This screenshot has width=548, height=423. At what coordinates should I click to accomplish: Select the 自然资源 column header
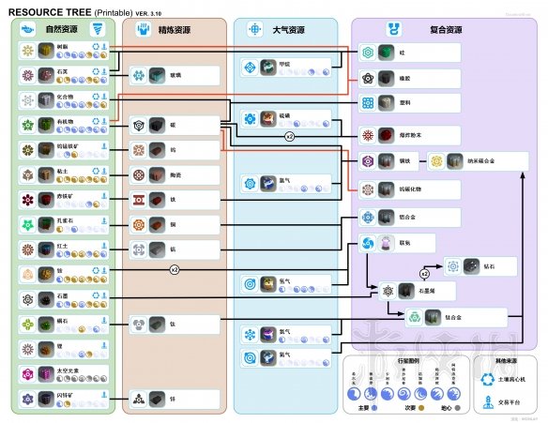pyautogui.click(x=61, y=30)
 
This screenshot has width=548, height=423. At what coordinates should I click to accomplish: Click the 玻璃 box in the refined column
pyautogui.click(x=175, y=75)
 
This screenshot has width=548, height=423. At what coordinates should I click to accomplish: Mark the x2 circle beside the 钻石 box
pyautogui.click(x=424, y=274)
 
